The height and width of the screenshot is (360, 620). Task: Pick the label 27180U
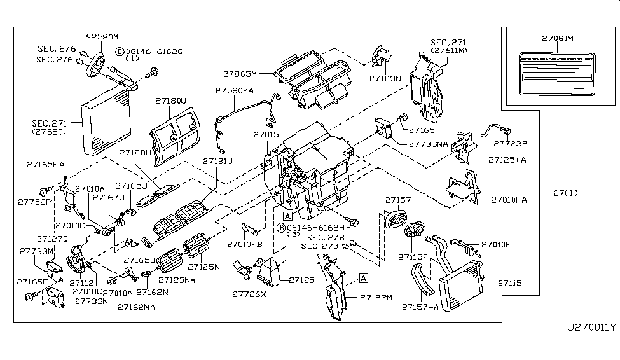[170, 101]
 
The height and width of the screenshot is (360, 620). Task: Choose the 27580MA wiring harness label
[234, 92]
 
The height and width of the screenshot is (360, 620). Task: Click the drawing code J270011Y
[591, 328]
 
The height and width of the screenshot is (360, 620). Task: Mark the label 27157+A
[420, 307]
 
